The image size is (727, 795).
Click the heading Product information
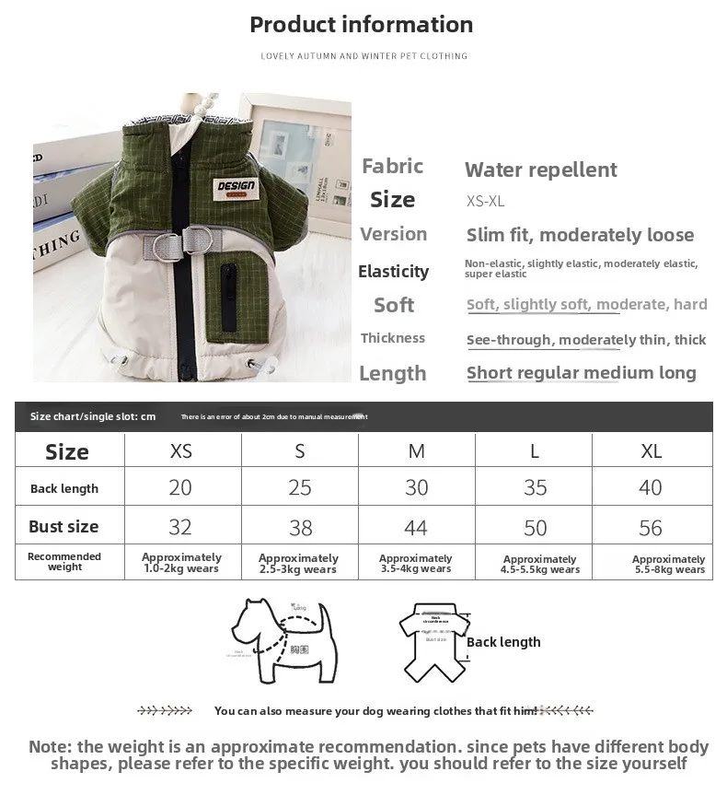362,25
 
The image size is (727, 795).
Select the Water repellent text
541,170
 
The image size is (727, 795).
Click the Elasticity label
393,271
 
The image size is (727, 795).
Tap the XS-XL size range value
486,202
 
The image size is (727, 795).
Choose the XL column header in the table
651,451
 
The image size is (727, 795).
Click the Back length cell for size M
417,487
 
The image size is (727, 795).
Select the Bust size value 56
651,528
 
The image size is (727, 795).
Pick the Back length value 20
180,487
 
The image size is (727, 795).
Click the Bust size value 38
300,528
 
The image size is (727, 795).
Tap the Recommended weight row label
64,562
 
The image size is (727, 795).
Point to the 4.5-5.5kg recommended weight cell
540,564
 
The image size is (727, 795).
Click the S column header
300,451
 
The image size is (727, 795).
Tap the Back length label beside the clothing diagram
503,642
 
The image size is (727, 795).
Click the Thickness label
393,338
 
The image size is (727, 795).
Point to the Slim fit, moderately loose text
580,235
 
